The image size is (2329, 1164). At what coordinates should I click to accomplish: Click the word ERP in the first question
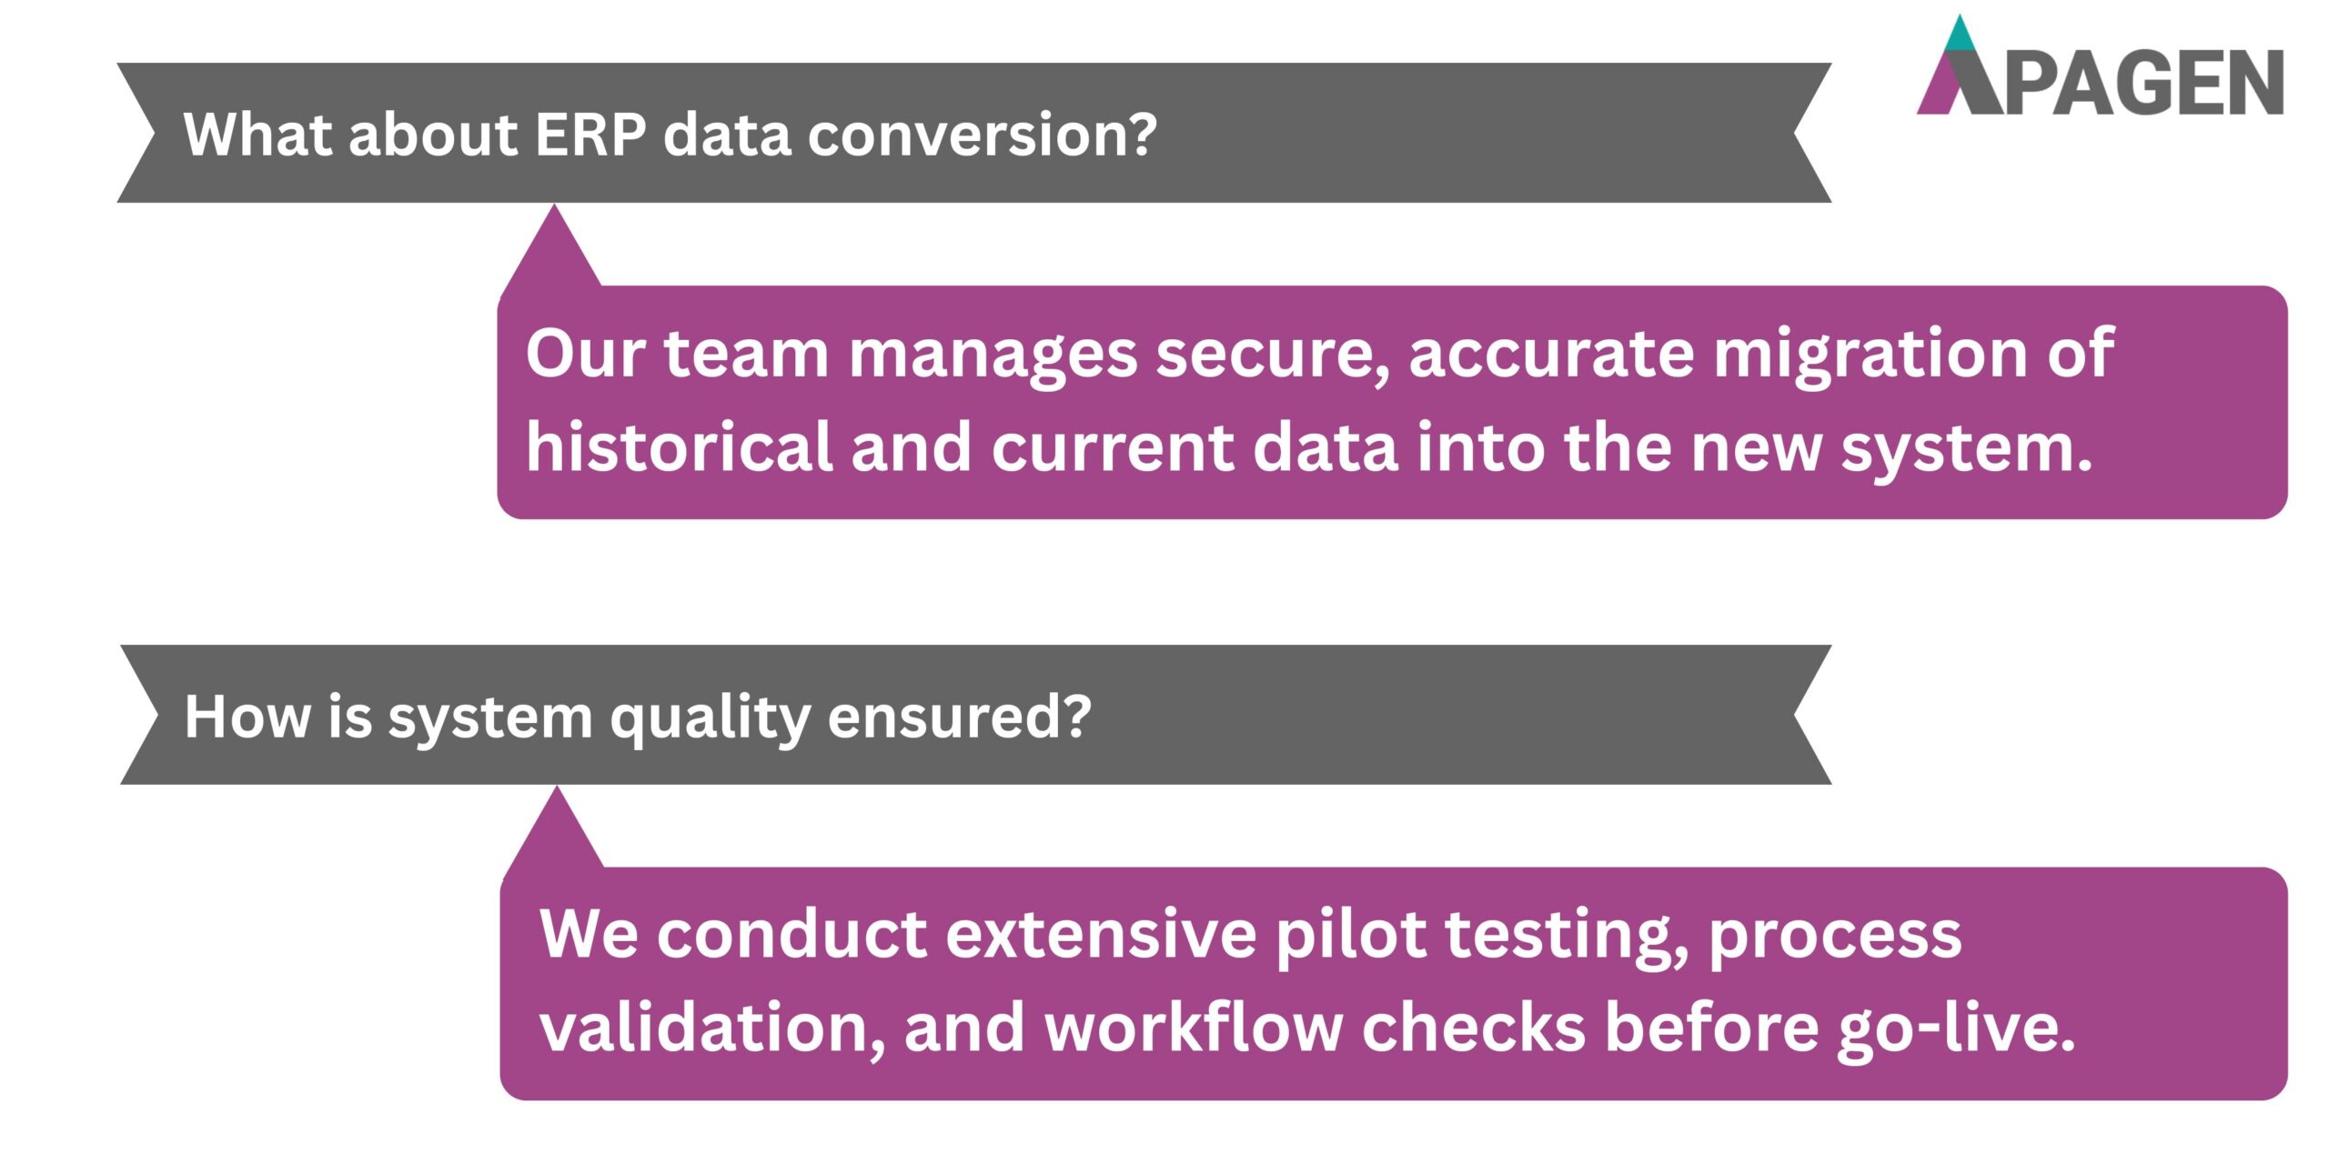pyautogui.click(x=590, y=135)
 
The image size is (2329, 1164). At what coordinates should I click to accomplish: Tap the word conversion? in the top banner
pyautogui.click(x=983, y=135)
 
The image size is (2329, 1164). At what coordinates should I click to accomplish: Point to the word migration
pyautogui.click(x=1870, y=354)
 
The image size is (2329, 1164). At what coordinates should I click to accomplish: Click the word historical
pyautogui.click(x=679, y=447)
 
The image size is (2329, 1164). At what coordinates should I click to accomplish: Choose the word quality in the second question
pyautogui.click(x=710, y=717)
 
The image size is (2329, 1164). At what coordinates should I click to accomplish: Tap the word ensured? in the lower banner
pyautogui.click(x=959, y=717)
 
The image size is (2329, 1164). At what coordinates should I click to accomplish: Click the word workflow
pyautogui.click(x=1193, y=1028)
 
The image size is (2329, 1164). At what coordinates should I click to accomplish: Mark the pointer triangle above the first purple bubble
pyautogui.click(x=552, y=250)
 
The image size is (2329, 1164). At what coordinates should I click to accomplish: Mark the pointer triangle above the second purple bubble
pyautogui.click(x=556, y=832)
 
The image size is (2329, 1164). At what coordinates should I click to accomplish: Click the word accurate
pyautogui.click(x=1552, y=354)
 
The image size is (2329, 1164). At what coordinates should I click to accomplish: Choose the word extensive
pyautogui.click(x=1101, y=935)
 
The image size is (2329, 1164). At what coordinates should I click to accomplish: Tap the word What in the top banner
pyautogui.click(x=258, y=135)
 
